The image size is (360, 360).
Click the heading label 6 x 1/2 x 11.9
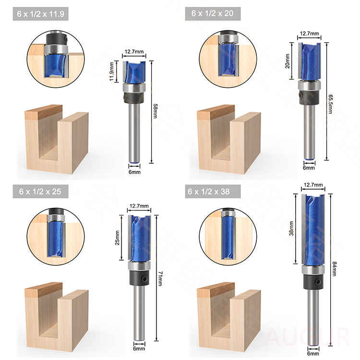40,14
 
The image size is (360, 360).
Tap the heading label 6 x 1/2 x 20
212,13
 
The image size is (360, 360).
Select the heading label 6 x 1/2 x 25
40,192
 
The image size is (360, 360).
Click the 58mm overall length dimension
156,111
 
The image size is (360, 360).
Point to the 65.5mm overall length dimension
330,104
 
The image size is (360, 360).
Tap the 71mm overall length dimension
161,278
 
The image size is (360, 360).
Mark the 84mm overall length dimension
335,269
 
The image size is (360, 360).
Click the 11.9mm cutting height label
111,71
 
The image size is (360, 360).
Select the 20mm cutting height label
287,61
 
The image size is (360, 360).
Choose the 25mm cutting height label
117,238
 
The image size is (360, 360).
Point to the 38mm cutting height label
291,228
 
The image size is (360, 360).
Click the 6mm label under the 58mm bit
134,172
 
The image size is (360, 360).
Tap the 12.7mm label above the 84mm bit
313,185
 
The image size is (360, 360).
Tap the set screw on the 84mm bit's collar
318,281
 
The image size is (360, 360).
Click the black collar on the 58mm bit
133,98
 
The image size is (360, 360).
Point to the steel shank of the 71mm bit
139,312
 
